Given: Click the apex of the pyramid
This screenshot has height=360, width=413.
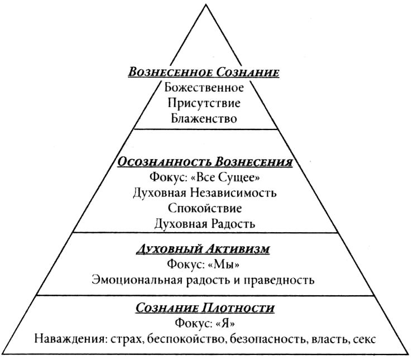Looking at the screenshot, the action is coord(206,5).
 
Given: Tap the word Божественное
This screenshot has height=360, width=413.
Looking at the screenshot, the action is coord(204,88).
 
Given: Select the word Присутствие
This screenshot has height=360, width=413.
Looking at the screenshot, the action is coord(204,103).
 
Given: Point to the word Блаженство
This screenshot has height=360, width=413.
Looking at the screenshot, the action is coord(204,118).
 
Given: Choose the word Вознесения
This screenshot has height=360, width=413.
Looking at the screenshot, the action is coord(253,162).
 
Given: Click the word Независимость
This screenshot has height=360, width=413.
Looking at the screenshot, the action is coord(233,193).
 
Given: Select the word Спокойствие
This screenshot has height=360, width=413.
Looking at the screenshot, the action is coord(205,208).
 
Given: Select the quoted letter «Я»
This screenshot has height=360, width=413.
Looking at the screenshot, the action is coord(225,323).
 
